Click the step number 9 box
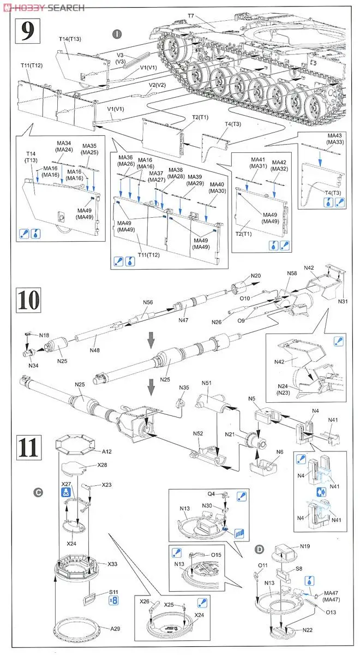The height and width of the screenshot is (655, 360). point(26,31)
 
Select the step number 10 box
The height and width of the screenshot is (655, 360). point(28,300)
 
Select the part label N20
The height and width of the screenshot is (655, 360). point(256,276)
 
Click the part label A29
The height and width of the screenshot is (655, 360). point(115,629)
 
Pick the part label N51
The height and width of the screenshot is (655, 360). point(207,384)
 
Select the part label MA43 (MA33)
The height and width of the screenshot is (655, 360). point(320,139)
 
